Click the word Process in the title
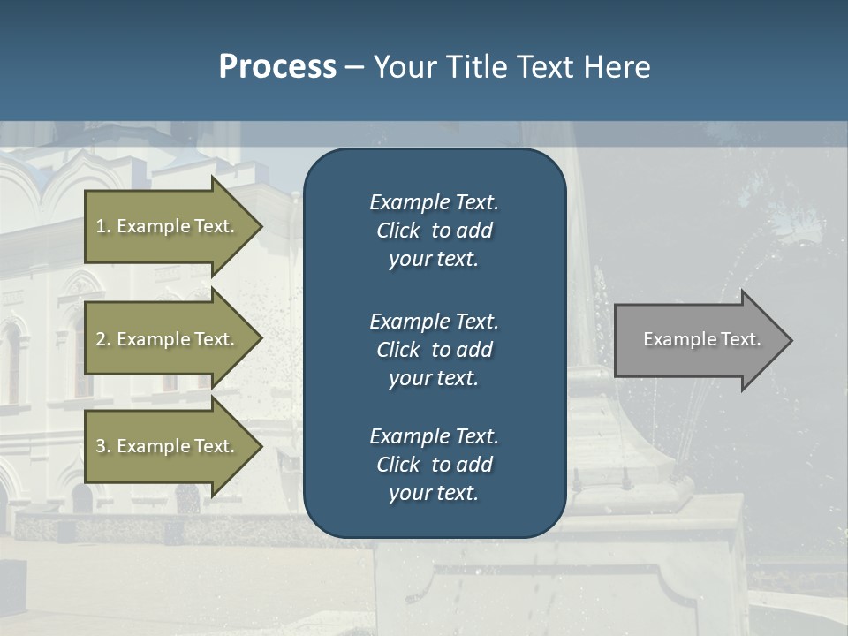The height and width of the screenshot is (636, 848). [x=277, y=67]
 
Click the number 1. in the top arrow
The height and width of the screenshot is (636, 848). [x=103, y=226]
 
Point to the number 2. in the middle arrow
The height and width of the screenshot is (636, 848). [x=103, y=339]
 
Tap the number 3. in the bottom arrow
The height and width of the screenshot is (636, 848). [x=103, y=446]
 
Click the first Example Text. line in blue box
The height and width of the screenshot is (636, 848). [x=434, y=202]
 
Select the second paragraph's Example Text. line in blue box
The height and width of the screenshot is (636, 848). [x=434, y=321]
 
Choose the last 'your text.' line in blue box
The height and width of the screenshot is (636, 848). [x=434, y=494]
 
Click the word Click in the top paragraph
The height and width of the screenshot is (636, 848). [x=398, y=231]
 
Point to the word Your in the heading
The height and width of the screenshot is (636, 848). [x=402, y=67]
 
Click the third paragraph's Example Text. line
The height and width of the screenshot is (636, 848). [x=434, y=436]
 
